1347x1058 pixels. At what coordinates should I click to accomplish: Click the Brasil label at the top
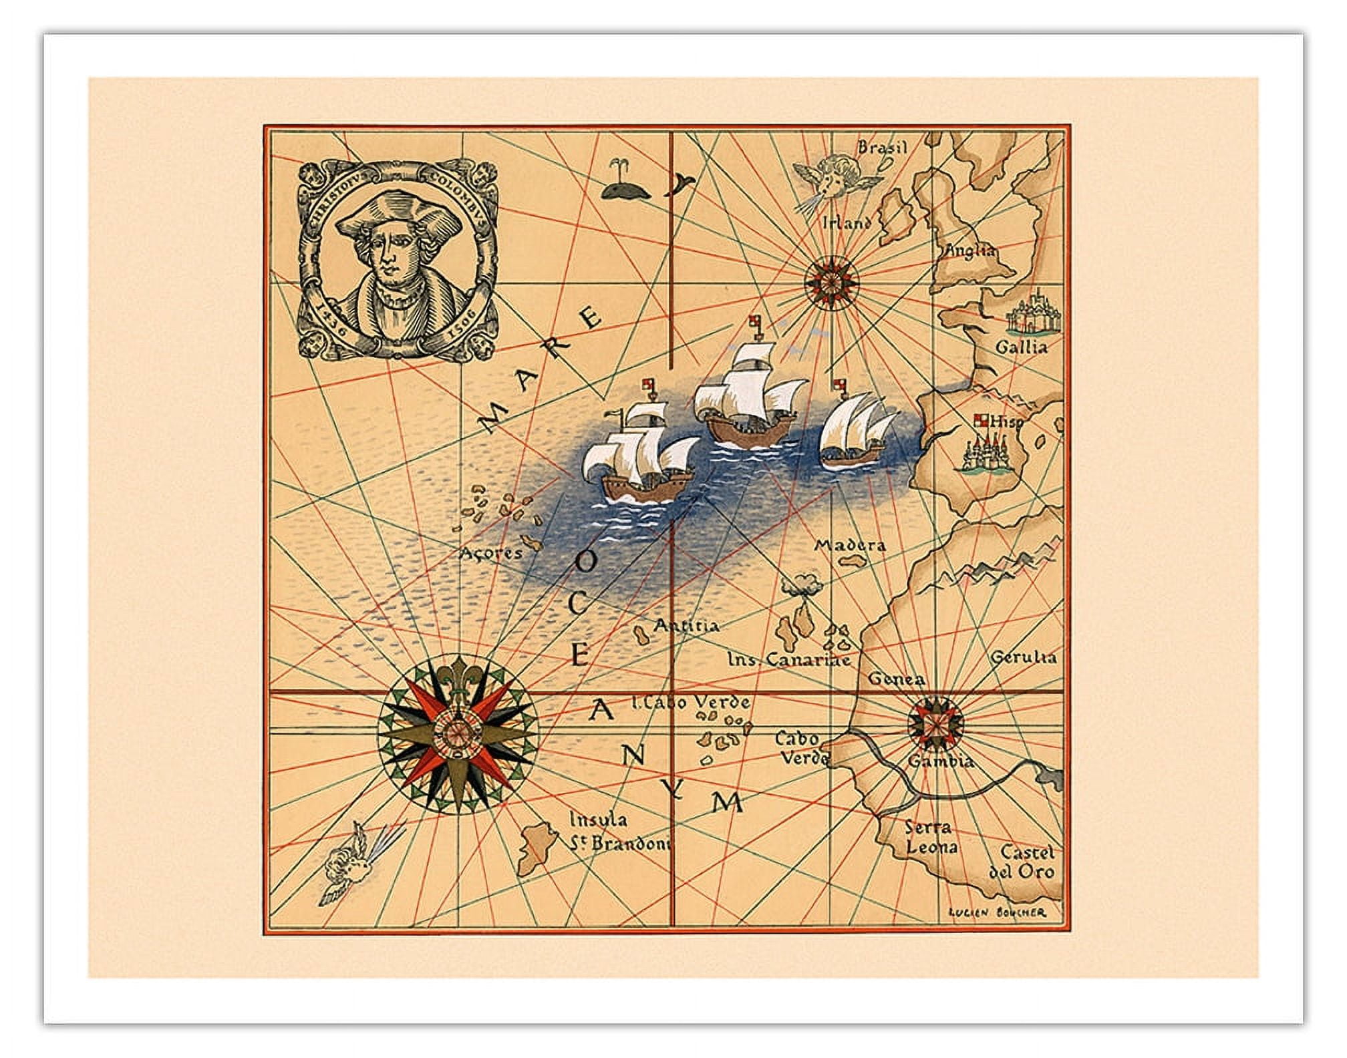pyautogui.click(x=882, y=148)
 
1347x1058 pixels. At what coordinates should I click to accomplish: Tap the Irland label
pyautogui.click(x=846, y=222)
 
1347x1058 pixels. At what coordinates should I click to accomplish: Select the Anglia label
pyautogui.click(x=969, y=252)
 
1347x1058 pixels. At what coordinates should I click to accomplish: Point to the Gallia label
pyautogui.click(x=1021, y=347)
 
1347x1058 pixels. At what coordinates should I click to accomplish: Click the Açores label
pyautogui.click(x=490, y=553)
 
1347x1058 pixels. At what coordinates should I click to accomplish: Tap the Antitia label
pyautogui.click(x=686, y=626)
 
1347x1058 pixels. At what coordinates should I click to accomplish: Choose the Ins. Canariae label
pyautogui.click(x=788, y=660)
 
